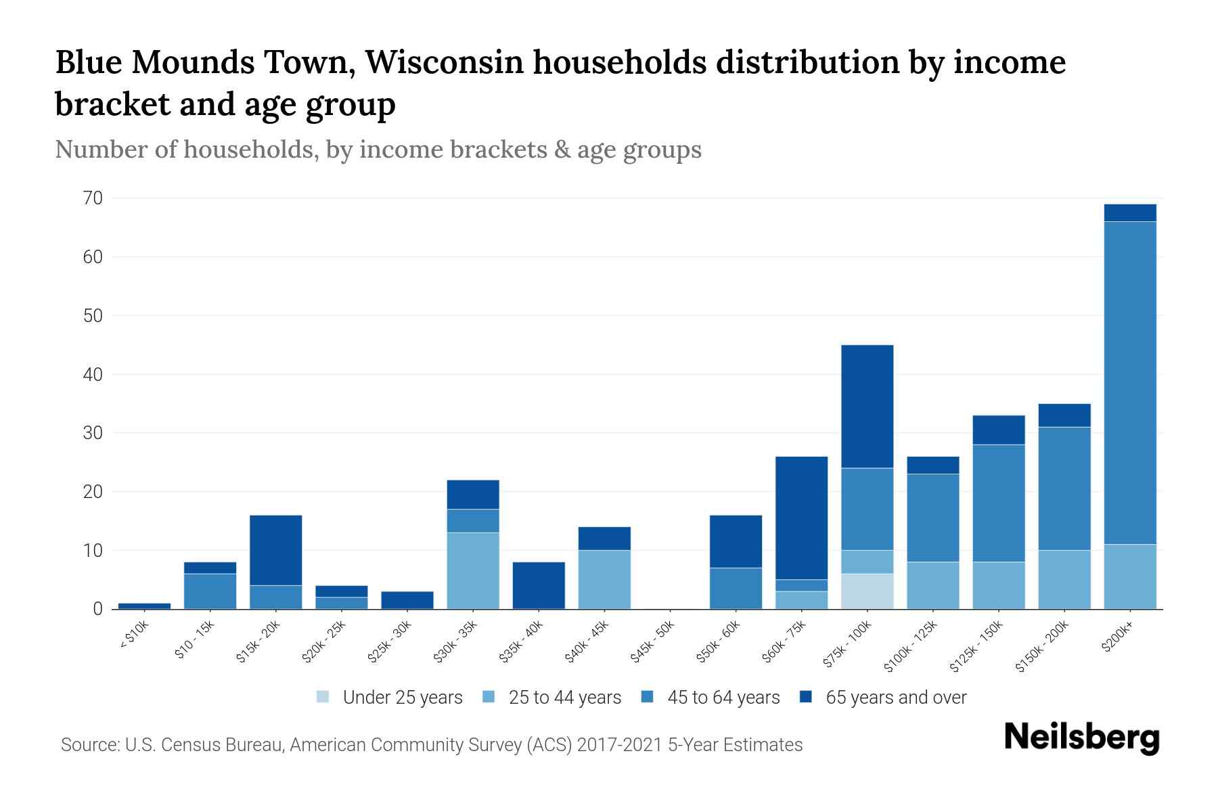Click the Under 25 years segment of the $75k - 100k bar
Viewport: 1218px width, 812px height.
(x=867, y=591)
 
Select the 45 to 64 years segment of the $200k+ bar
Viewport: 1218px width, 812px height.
(x=1129, y=382)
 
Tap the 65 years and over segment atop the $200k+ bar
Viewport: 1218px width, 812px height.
(x=1129, y=212)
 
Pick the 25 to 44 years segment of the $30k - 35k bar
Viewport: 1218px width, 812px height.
(x=473, y=570)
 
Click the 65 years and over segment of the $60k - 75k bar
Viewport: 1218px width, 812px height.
(x=801, y=518)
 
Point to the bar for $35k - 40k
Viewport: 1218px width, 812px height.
(x=539, y=585)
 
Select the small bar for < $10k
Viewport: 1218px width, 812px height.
(x=144, y=606)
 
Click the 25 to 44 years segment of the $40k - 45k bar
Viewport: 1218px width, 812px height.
(x=604, y=579)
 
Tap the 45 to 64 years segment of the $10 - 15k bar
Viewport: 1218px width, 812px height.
(x=210, y=591)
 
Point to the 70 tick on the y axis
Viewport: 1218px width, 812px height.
(x=93, y=198)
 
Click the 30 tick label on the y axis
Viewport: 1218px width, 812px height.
(x=93, y=433)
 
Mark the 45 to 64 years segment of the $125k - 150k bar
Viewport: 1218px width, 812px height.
(x=998, y=503)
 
